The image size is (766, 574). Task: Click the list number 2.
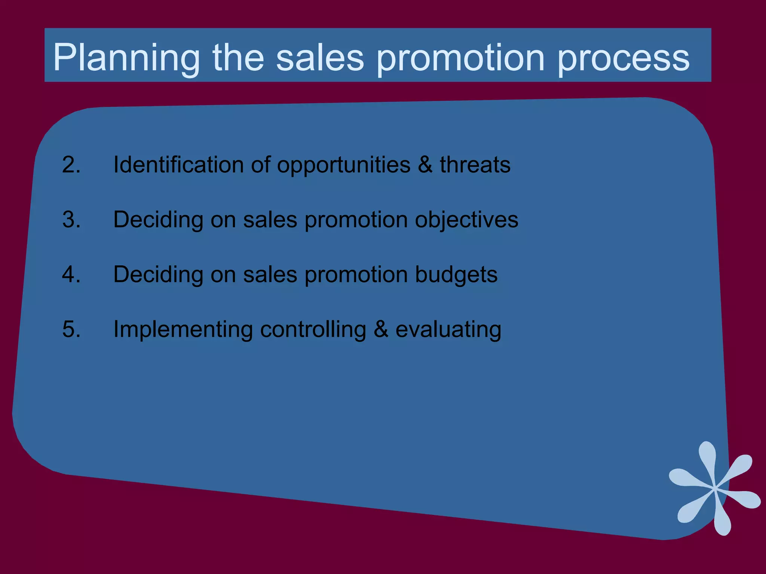(x=71, y=164)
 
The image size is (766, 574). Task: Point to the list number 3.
(x=71, y=219)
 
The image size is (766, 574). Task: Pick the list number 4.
(x=71, y=274)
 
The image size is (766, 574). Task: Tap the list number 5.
(x=71, y=329)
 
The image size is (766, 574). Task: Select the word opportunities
(x=343, y=165)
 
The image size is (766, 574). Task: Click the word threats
(x=475, y=164)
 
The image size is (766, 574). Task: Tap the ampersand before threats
(x=425, y=164)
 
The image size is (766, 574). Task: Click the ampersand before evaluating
(x=381, y=329)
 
